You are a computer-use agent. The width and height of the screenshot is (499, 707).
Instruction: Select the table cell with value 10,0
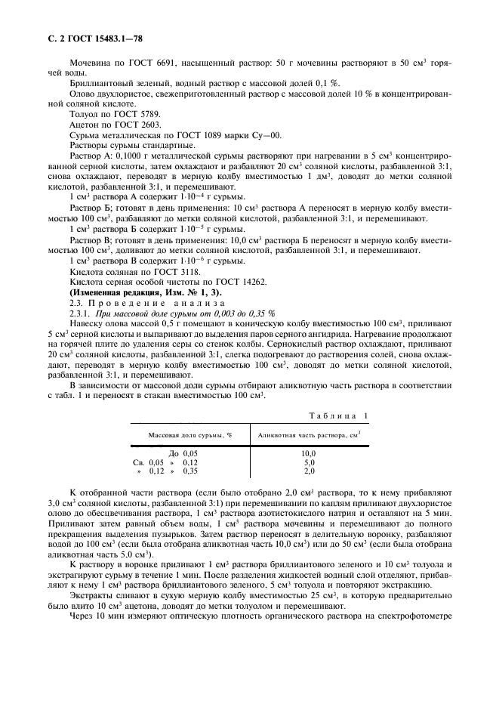(x=309, y=452)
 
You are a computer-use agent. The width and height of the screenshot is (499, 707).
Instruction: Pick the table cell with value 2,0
(x=309, y=471)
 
